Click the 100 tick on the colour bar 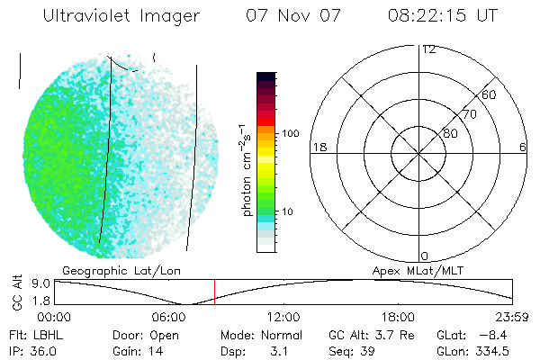click(x=291, y=133)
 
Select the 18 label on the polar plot click(x=318, y=147)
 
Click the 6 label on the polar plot click(x=523, y=147)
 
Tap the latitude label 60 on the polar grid click(x=490, y=94)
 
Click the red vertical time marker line click(x=214, y=292)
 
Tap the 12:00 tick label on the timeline click(x=283, y=317)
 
